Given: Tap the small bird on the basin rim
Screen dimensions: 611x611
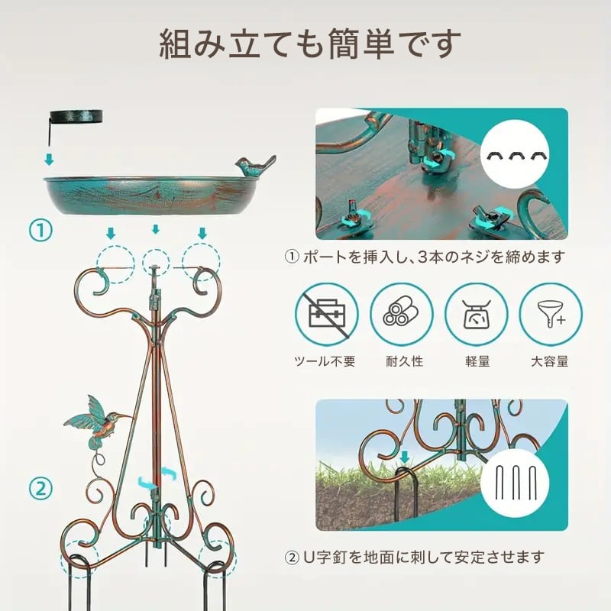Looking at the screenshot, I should click(253, 166).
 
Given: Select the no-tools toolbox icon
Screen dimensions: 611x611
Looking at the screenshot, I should click(328, 315).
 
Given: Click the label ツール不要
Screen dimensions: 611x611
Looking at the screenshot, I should click(328, 361).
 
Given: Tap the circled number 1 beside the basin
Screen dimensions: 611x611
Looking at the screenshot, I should click(40, 228).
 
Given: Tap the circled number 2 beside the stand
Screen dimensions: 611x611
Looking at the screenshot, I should click(40, 487).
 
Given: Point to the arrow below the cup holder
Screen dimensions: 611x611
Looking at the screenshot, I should click(49, 160).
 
